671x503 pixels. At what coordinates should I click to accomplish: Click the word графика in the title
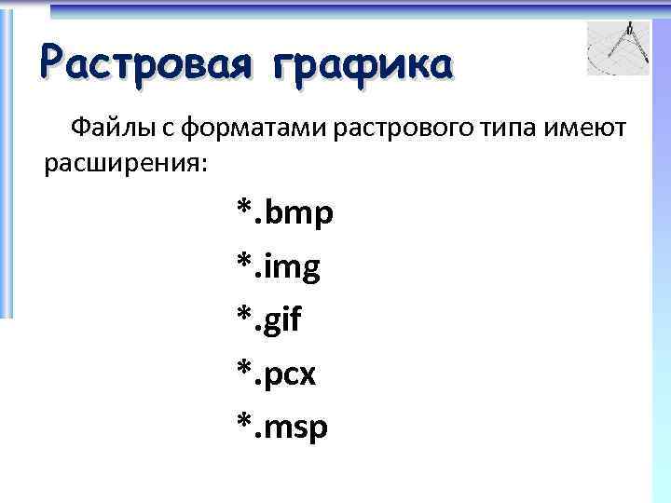coord(363,65)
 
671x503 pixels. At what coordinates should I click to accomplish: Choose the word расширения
coord(122,164)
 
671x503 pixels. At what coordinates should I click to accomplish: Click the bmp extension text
coord(299,215)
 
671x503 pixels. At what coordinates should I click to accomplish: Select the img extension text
coord(294,268)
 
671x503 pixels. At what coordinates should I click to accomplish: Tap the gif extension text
coord(284,321)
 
